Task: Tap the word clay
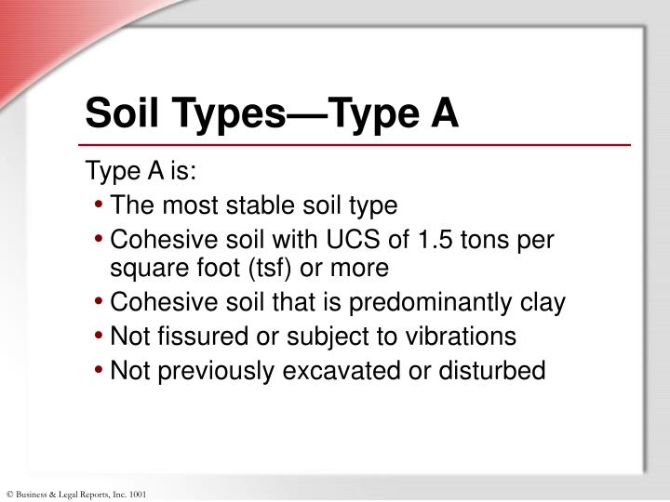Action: [x=543, y=304]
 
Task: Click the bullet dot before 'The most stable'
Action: [x=99, y=206]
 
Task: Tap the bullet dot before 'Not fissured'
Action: [x=99, y=337]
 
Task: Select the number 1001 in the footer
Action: [x=139, y=494]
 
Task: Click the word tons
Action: [x=493, y=241]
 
